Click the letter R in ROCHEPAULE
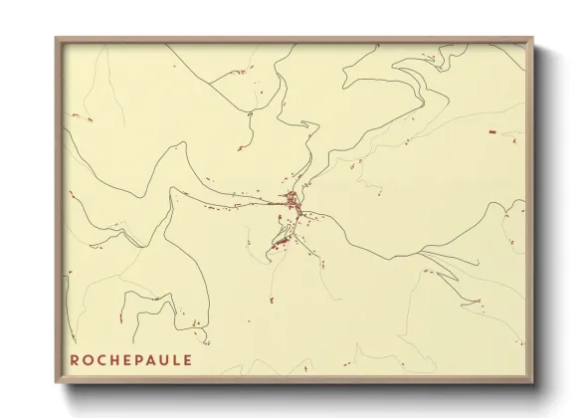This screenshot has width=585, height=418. coord(76,358)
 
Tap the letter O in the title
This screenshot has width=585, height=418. coord(90,358)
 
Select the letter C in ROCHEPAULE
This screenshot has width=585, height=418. coord(104,358)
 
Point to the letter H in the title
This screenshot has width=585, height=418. coord(118,358)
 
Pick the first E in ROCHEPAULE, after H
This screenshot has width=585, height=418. coord(132,358)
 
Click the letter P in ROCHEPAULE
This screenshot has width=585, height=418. coord(145,358)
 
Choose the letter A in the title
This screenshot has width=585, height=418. coord(159,358)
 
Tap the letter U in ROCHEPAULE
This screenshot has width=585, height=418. coord(173,358)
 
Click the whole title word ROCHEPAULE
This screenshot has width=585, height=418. coord(137,358)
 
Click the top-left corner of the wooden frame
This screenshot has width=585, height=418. coord(56,39)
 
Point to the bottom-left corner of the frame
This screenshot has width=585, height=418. coord(56,383)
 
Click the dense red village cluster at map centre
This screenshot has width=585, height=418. coord(292,203)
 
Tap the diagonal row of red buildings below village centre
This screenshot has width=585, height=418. coord(283,239)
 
